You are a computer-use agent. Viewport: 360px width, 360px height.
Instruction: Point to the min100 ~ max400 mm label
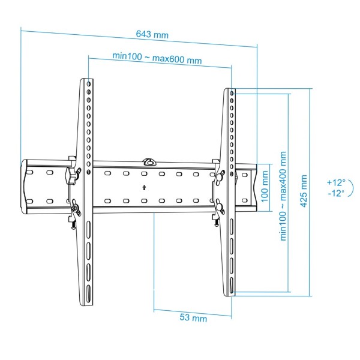(283, 196)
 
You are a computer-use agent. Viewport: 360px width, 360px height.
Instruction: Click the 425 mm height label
(304, 191)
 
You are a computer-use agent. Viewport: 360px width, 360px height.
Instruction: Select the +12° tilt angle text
(336, 182)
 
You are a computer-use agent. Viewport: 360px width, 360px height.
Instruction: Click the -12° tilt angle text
(336, 193)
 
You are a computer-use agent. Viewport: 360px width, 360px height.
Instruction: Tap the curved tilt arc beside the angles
(353, 187)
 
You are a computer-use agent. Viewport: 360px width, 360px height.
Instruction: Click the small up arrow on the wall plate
(144, 187)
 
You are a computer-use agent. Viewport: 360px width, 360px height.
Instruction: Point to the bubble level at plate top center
(148, 161)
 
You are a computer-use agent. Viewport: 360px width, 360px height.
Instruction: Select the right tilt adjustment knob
(221, 175)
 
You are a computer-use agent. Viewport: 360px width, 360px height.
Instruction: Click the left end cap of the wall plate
(24, 187)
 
